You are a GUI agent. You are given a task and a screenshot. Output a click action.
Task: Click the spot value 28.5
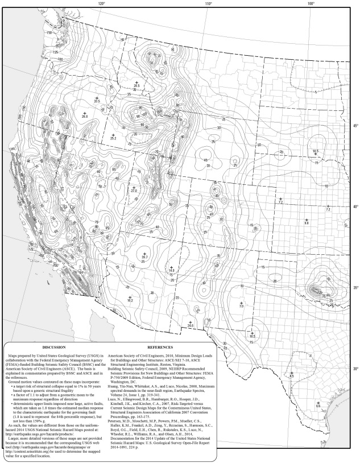pyautogui.click(x=137, y=86)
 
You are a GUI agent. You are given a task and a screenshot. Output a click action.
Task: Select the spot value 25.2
pyautogui.click(x=113, y=138)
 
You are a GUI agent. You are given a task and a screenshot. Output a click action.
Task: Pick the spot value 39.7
pyautogui.click(x=144, y=257)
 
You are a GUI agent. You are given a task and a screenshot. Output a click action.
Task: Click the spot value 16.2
pyautogui.click(x=130, y=300)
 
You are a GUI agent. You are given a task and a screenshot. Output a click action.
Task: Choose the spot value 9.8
pyautogui.click(x=307, y=224)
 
